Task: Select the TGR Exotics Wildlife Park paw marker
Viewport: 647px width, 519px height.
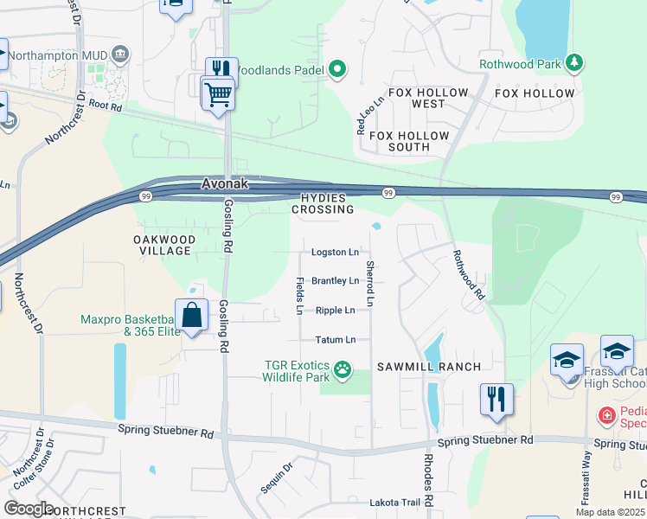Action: [343, 369]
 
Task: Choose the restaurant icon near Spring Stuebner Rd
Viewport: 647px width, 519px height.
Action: [496, 400]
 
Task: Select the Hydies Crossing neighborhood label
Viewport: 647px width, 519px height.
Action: [323, 203]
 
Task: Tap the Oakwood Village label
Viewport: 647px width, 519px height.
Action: [164, 245]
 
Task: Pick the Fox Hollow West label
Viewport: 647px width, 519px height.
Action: [428, 98]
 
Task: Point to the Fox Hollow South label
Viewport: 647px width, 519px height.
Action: [409, 141]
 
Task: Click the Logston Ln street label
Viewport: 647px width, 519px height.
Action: [336, 253]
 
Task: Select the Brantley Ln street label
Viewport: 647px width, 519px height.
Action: [335, 281]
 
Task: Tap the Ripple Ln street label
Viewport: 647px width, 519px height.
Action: [335, 311]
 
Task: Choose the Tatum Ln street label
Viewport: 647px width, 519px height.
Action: [335, 340]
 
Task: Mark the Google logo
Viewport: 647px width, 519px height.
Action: [29, 509]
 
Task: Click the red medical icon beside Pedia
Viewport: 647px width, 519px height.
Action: [607, 416]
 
